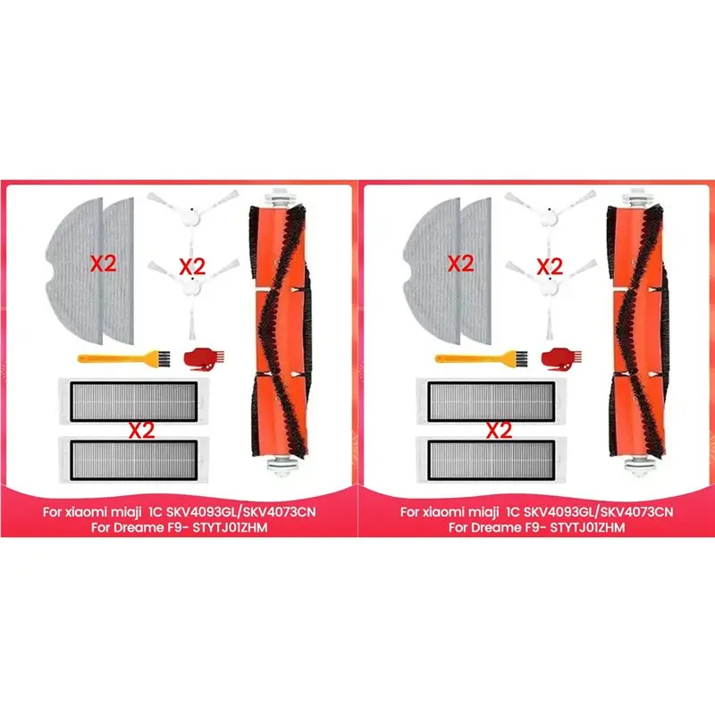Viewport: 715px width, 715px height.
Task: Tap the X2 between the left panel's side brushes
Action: coord(193,265)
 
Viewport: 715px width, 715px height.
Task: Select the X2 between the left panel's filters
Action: coord(140,430)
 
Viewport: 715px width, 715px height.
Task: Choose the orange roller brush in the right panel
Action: coord(637,332)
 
